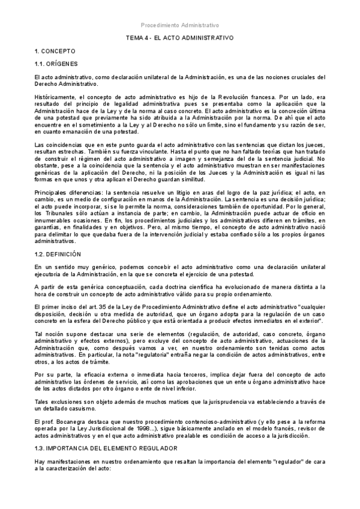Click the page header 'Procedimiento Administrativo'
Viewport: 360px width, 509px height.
(x=180, y=26)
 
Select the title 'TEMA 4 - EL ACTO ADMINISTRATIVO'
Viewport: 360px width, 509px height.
(x=179, y=38)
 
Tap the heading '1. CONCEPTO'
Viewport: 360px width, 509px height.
(x=54, y=53)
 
